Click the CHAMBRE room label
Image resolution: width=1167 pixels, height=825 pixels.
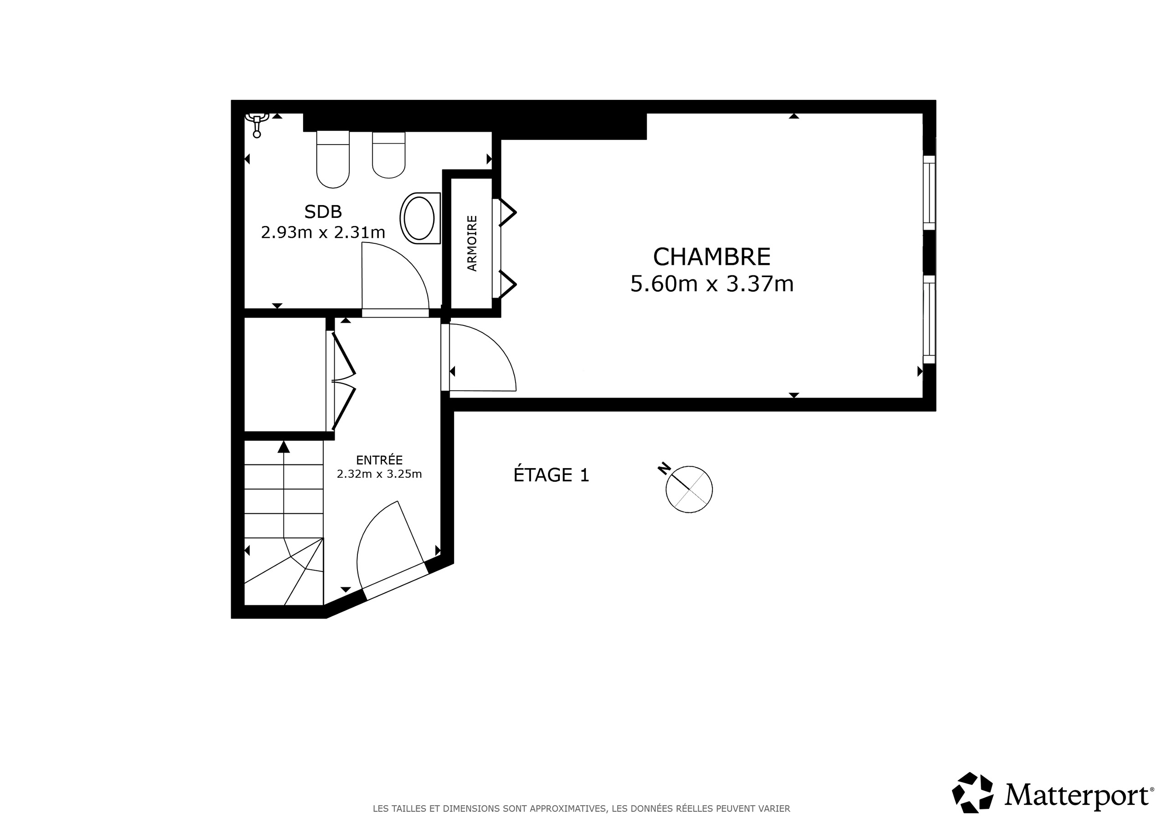tap(711, 257)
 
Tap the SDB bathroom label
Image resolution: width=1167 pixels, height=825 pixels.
tap(323, 211)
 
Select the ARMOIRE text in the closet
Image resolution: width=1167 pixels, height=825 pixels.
tap(472, 243)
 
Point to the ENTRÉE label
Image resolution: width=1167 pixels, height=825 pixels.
tap(379, 460)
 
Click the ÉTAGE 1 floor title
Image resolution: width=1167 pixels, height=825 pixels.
tap(551, 475)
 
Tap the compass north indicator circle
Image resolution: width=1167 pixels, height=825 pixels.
tap(689, 489)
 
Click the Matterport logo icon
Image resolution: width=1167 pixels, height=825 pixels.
tap(972, 793)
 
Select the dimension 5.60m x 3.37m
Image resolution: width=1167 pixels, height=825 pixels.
tap(712, 284)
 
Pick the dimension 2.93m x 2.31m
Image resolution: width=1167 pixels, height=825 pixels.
tap(323, 233)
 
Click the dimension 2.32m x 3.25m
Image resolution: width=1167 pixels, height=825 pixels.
tap(379, 474)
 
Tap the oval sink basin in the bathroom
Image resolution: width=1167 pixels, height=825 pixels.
tap(419, 218)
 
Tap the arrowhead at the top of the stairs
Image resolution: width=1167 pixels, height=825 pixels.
tap(284, 447)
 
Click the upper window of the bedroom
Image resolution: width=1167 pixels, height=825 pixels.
tap(929, 193)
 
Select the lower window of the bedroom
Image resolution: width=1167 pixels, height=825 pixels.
tap(929, 319)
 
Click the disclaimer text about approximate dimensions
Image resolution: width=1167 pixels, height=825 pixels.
tap(582, 809)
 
